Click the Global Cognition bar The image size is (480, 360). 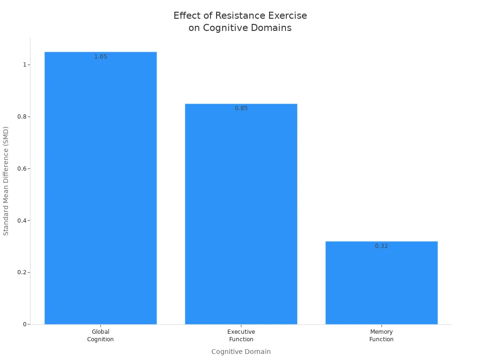pos(100,187)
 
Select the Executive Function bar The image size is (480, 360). pos(241,214)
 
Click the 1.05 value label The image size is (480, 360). pos(100,57)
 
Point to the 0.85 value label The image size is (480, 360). pos(241,108)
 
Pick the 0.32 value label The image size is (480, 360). pos(381,246)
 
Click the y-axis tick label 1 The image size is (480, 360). pos(23,65)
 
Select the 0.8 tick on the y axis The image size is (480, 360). pos(21,117)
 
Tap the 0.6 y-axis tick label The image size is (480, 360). pos(21,169)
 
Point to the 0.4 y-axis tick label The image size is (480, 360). pos(21,221)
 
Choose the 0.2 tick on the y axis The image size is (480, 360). pos(21,272)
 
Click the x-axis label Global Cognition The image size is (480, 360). pos(100,336)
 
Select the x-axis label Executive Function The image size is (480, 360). pos(241,336)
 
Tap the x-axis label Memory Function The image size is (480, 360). pos(381,336)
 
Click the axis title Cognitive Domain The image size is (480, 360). pos(241,352)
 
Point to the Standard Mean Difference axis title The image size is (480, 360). pos(6,180)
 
